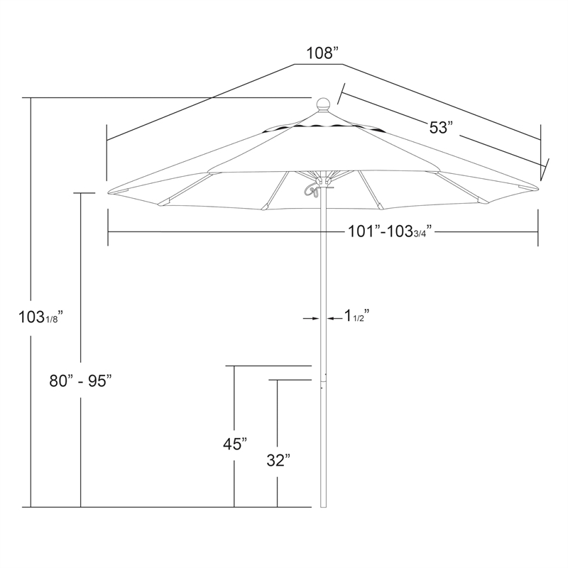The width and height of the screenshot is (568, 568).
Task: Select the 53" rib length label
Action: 441,128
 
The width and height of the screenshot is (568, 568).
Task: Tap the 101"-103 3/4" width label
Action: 390,231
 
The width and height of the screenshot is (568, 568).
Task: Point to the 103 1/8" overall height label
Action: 41,317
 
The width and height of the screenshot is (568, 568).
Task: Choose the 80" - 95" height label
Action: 80,381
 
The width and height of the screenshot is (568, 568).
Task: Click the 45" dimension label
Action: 235,444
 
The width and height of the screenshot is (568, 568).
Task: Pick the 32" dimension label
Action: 278,460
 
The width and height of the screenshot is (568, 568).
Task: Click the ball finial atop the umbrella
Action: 324,104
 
